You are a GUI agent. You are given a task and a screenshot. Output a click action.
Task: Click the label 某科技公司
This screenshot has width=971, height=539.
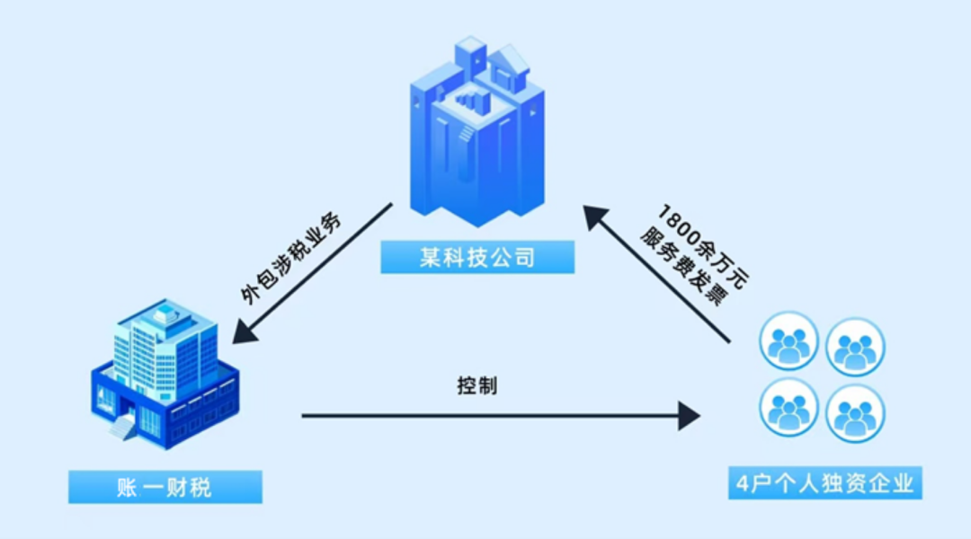(477, 258)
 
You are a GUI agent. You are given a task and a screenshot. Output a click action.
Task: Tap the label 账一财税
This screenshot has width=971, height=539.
(165, 487)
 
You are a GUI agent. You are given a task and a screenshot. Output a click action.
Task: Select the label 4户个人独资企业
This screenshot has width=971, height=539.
(824, 485)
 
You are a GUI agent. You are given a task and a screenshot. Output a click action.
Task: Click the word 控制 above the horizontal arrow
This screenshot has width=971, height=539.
(477, 387)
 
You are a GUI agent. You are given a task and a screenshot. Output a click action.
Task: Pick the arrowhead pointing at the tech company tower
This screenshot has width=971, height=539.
(594, 218)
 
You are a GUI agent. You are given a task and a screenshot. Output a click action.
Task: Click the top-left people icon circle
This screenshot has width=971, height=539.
(788, 341)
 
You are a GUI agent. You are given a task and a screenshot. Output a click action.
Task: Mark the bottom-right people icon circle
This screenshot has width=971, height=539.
(855, 413)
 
